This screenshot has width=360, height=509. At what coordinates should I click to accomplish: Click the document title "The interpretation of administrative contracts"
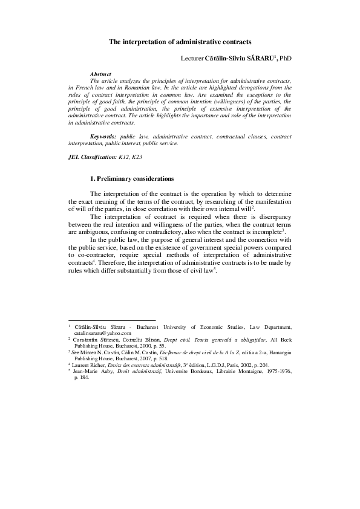pyautogui.click(x=180, y=42)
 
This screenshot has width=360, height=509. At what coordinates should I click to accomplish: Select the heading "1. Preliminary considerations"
pyautogui.click(x=132, y=179)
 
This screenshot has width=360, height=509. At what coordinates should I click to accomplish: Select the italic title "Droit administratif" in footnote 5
pyautogui.click(x=139, y=371)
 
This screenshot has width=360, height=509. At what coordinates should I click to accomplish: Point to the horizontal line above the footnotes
pyautogui.click(x=112, y=321)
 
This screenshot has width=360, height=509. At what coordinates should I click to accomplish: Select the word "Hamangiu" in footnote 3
pyautogui.click(x=278, y=352)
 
